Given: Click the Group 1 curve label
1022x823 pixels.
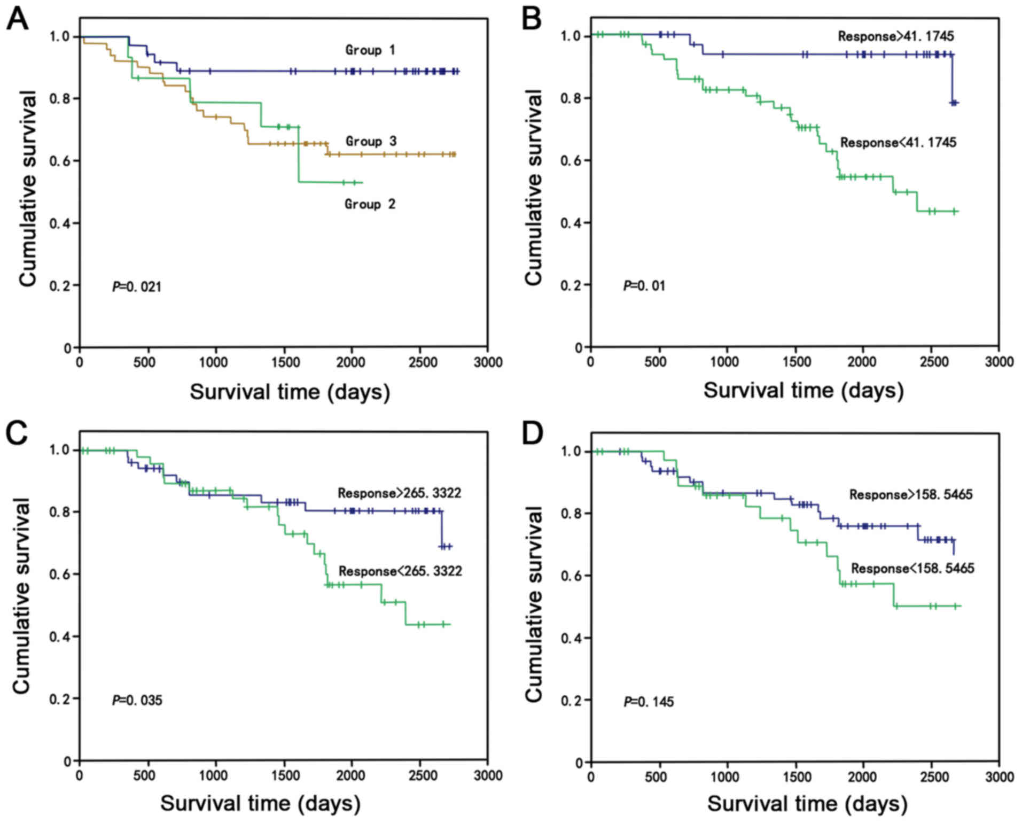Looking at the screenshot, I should pos(370,50).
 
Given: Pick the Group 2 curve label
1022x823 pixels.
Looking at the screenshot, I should pos(370,204).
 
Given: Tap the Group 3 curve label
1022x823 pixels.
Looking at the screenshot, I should pos(371,141).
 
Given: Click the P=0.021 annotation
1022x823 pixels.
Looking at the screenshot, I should pos(136,287).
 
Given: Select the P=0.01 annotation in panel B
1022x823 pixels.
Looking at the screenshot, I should pos(644,286).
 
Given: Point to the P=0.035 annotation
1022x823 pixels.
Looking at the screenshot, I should pos(137,700).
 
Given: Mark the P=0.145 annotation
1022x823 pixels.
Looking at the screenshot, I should pos(649,701).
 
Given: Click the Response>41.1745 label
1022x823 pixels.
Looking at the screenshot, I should pos(896,36).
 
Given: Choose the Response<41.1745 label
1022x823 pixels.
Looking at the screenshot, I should pos(898,143).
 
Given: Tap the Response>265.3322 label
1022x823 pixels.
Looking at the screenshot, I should pos(399,493).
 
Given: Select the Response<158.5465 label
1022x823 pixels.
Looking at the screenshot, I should pos(912,568).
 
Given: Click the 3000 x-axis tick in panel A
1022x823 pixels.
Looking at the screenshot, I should pos(488,362).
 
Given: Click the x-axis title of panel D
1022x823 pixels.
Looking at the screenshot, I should pos(807,804).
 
